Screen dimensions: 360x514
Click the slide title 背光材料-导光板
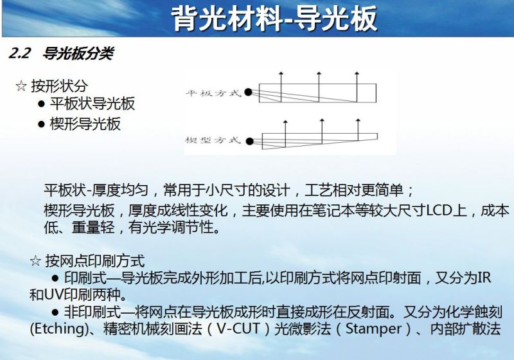274,19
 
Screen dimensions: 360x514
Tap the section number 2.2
20,54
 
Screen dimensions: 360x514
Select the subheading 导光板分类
78,54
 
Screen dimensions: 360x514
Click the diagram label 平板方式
213,93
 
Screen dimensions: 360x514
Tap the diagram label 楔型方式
213,139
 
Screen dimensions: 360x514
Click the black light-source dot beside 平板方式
247,93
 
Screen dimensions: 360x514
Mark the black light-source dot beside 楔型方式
248,139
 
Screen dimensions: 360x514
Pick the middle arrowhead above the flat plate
318,75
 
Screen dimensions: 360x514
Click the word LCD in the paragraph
443,211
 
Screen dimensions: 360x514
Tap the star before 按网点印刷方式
36,262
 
